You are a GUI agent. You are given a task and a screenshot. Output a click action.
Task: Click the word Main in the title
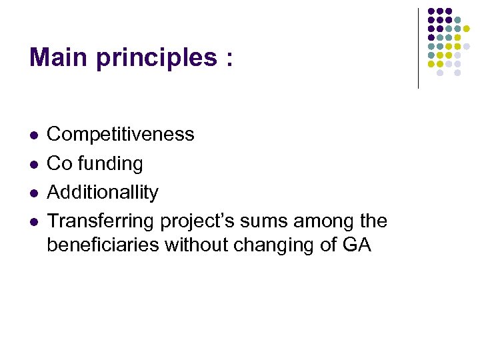58,58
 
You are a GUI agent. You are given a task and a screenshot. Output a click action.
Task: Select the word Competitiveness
121,135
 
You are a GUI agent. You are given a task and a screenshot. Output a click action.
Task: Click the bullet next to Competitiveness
33,135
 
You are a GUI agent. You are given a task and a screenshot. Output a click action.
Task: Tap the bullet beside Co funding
33,164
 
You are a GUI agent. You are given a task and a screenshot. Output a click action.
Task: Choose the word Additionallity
103,193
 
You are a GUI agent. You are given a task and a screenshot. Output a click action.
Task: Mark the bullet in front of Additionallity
33,193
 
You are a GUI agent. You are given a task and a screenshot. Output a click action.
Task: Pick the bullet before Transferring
33,221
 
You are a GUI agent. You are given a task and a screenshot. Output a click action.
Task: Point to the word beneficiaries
103,245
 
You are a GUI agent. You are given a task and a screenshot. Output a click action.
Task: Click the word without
197,245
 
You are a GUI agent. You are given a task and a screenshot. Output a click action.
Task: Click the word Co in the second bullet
58,163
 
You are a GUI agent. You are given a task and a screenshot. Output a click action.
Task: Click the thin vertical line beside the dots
418,48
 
